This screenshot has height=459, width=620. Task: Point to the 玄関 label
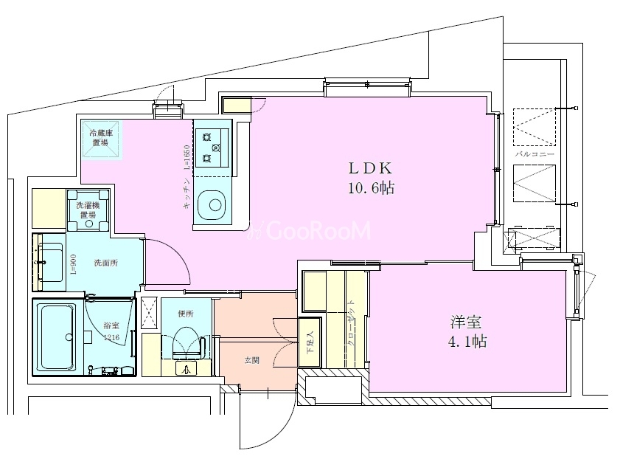pos(252,361)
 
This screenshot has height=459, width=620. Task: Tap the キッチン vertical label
pos(187,197)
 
